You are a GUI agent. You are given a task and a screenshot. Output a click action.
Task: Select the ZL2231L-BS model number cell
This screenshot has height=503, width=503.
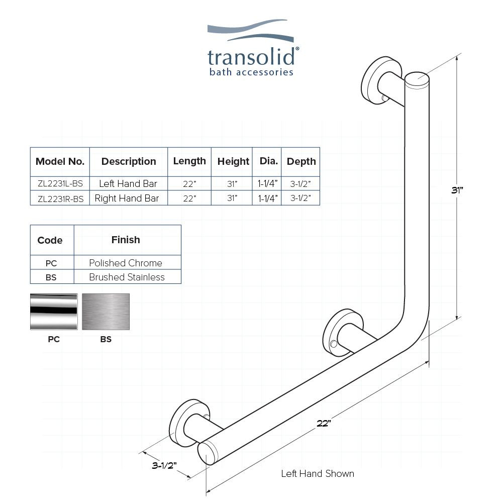[x=60, y=184]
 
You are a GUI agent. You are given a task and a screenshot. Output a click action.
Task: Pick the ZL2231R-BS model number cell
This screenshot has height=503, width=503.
[x=60, y=198]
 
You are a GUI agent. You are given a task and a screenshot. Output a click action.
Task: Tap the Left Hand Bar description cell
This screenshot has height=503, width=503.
[x=128, y=184]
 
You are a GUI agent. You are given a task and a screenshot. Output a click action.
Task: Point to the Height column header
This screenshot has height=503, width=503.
[x=233, y=161]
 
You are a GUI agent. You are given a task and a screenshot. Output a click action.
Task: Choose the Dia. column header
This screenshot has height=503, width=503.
[x=268, y=161]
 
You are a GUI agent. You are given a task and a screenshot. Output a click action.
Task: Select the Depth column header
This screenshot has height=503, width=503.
[x=301, y=161]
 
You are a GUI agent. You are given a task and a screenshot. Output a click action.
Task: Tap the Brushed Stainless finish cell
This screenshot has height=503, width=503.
[x=127, y=277]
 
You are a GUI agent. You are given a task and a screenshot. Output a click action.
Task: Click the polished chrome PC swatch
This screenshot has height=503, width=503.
[x=54, y=312]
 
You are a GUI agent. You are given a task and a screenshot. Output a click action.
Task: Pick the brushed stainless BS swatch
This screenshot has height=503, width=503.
[x=106, y=312]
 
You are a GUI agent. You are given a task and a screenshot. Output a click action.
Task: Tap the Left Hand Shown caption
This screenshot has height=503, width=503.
[x=317, y=473]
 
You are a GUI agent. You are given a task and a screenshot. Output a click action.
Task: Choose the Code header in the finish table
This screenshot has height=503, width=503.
[x=50, y=240]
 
